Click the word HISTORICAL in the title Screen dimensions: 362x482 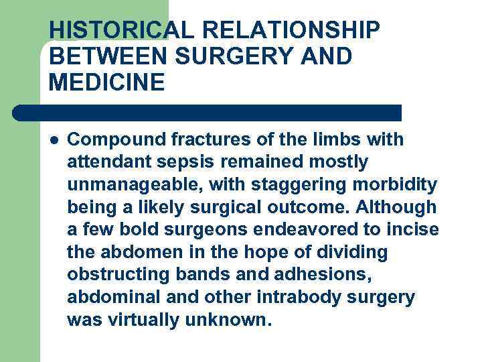[109, 31]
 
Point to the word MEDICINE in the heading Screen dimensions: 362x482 [106, 83]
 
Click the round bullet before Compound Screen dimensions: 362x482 [54, 141]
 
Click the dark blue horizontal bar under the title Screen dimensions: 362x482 [208, 112]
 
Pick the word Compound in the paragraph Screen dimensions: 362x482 [110, 140]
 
